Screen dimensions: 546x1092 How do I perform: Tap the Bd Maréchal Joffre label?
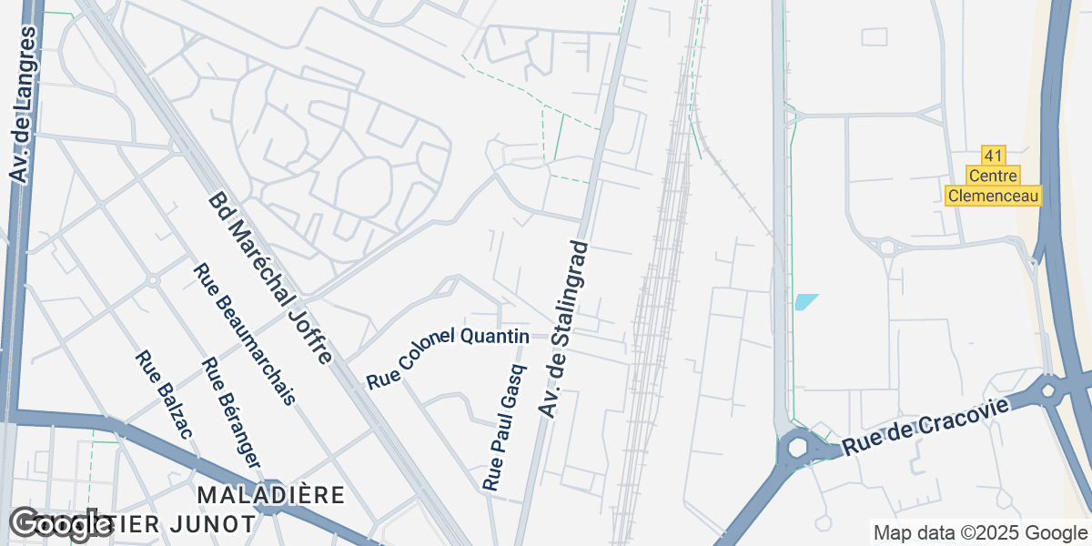pos(270,278)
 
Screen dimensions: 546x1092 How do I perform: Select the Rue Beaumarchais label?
pos(245,333)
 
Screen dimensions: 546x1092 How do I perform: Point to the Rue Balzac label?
pos(164,394)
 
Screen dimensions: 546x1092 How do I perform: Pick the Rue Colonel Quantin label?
pos(448,357)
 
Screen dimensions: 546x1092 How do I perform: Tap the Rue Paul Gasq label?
pos(505,429)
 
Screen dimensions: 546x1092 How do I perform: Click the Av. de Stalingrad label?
pos(564,329)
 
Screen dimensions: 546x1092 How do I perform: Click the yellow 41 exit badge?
pos(993,155)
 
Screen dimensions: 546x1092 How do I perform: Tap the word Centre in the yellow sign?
pos(993,175)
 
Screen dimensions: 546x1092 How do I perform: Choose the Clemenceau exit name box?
pos(993,196)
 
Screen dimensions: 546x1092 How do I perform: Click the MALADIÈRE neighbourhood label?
pos(271,496)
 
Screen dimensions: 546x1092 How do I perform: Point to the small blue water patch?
pos(805,301)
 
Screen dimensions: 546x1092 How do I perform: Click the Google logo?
pos(59,523)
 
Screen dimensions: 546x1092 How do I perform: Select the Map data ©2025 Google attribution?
pos(980,533)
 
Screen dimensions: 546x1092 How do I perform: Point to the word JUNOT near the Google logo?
pos(218,524)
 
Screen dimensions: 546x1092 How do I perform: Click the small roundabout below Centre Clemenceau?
pos(885,247)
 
